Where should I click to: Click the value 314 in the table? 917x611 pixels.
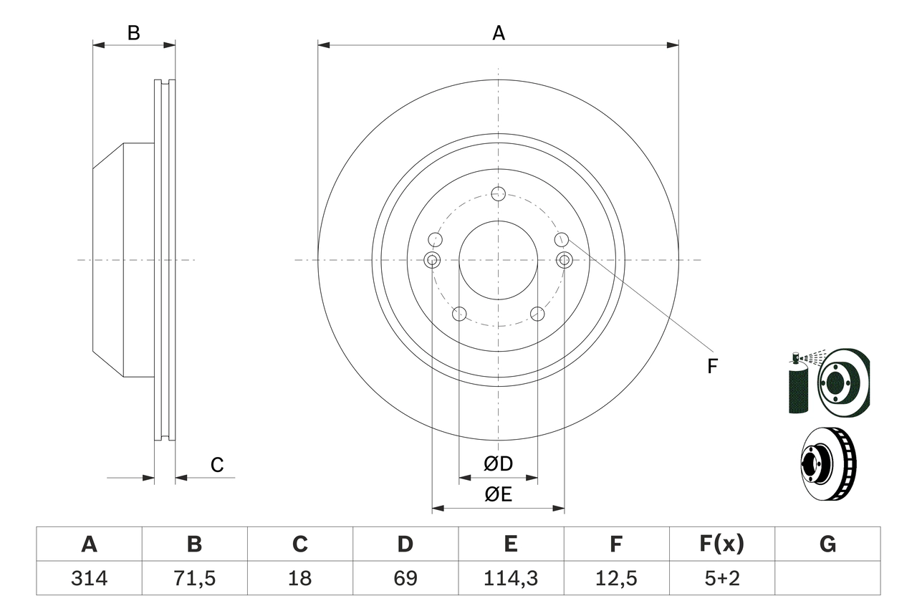pyautogui.click(x=89, y=578)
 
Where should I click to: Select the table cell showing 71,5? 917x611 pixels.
pyautogui.click(x=194, y=578)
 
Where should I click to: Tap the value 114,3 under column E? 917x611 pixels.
pyautogui.click(x=510, y=578)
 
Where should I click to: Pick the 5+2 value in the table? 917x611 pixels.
pyautogui.click(x=721, y=578)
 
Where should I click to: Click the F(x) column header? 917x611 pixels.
pyautogui.click(x=721, y=544)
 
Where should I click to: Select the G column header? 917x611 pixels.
pyautogui.click(x=827, y=544)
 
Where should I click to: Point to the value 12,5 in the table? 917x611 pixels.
pyautogui.click(x=615, y=578)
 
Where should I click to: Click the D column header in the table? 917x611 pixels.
pyautogui.click(x=405, y=544)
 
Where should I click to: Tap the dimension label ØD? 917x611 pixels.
pyautogui.click(x=499, y=464)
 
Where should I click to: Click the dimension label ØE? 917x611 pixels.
pyautogui.click(x=499, y=495)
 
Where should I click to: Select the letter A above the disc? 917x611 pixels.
pyautogui.click(x=499, y=33)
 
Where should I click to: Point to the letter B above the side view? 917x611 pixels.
pyautogui.click(x=134, y=33)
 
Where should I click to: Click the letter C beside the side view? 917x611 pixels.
pyautogui.click(x=217, y=466)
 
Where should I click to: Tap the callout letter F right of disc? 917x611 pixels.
pyautogui.click(x=711, y=367)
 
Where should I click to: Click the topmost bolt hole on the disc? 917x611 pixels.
pyautogui.click(x=499, y=193)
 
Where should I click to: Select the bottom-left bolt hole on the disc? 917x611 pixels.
pyautogui.click(x=460, y=314)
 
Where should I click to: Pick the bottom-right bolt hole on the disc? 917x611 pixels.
pyautogui.click(x=537, y=314)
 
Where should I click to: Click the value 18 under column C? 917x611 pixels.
pyautogui.click(x=299, y=578)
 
